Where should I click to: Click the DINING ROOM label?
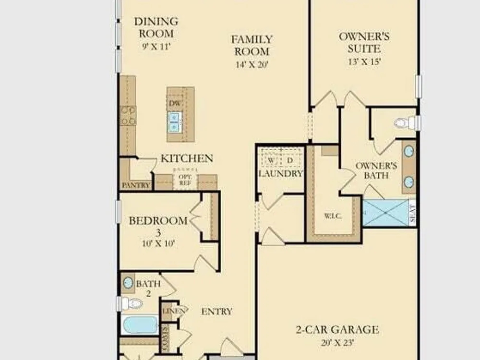[x=156, y=27]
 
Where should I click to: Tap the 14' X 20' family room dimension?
[x=252, y=65]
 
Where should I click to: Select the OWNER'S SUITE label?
[x=364, y=43]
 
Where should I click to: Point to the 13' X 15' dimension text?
[x=364, y=61]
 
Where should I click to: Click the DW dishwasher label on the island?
[x=175, y=103]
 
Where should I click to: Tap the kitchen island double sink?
[x=174, y=122]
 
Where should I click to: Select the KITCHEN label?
[x=187, y=158]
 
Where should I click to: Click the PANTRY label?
[x=136, y=185]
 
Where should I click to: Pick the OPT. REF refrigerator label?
[x=185, y=180]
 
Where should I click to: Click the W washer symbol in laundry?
[x=271, y=160]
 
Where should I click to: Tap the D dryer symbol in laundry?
[x=290, y=160]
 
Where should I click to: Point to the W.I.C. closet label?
[x=333, y=216]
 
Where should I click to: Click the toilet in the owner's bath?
[x=408, y=123]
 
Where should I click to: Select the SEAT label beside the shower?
[x=412, y=213]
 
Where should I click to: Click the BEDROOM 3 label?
[x=158, y=226]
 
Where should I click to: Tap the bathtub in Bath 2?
[x=140, y=325]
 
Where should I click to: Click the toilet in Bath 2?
[x=130, y=304]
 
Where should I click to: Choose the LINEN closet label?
[x=173, y=312]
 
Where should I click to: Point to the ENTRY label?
[x=217, y=312]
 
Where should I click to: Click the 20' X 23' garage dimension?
[x=337, y=342]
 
